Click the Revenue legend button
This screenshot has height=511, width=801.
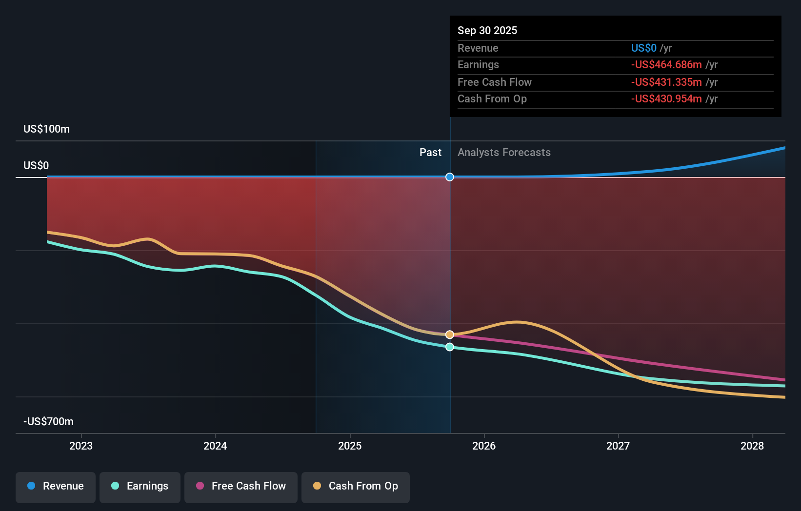click(x=56, y=486)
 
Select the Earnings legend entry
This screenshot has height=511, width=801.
click(x=140, y=486)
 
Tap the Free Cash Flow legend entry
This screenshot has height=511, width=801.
click(x=241, y=486)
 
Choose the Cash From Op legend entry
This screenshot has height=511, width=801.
click(x=356, y=486)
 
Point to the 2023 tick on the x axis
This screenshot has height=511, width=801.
click(x=81, y=446)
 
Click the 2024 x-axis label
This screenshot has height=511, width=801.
click(x=215, y=446)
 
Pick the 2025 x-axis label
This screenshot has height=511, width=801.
click(x=350, y=446)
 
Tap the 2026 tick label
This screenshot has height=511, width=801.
click(x=484, y=446)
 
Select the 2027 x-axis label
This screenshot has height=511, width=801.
click(x=618, y=446)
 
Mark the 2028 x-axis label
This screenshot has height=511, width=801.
click(x=752, y=446)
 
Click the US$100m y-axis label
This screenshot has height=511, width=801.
click(x=47, y=129)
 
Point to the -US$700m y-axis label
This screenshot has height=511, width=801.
click(x=49, y=422)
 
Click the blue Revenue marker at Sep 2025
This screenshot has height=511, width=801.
click(x=450, y=177)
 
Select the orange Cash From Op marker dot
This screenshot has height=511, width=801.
click(x=450, y=334)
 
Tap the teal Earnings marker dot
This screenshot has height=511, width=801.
click(x=450, y=347)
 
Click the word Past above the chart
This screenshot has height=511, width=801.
click(x=430, y=153)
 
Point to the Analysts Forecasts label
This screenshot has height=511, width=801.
click(x=504, y=153)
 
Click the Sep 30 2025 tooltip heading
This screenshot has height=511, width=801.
click(x=487, y=31)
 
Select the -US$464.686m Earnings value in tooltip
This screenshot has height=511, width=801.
click(x=666, y=65)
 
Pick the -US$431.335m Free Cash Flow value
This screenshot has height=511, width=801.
click(x=666, y=82)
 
